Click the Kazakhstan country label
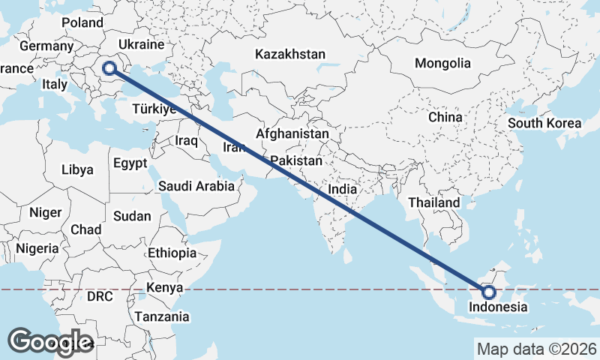[289, 55]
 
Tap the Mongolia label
[442, 63]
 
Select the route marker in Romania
[109, 68]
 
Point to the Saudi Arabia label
[196, 187]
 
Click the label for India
[342, 190]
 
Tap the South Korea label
[544, 123]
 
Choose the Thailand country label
[433, 202]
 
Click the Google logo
[50, 342]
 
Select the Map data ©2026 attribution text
[536, 349]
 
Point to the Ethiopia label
[172, 253]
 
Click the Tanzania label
[162, 316]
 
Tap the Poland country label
[82, 22]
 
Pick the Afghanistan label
[292, 133]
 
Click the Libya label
[77, 169]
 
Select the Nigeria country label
[37, 248]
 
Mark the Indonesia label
[498, 307]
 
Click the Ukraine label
[152, 45]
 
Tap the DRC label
[100, 296]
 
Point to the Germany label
[46, 46]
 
